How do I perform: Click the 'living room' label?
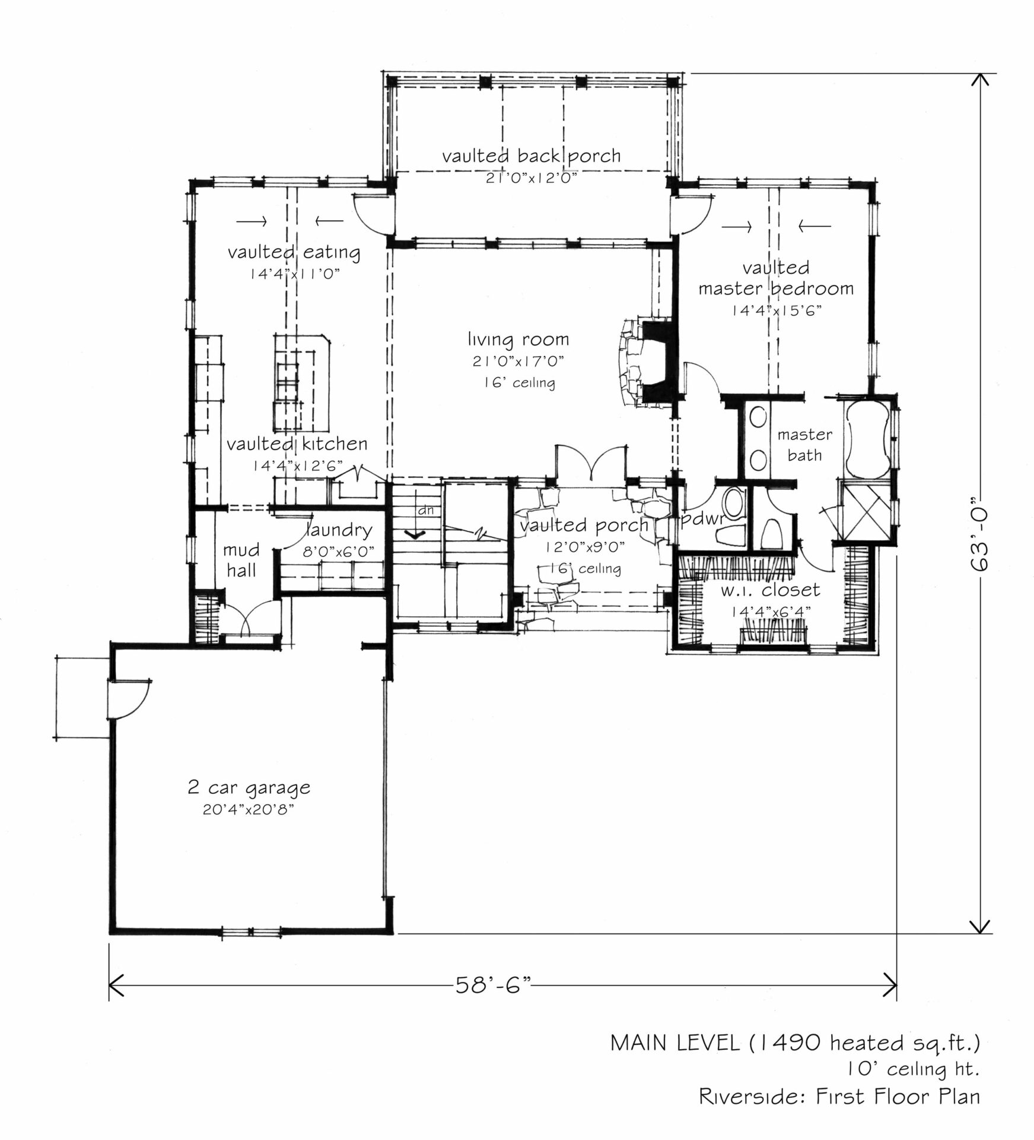pos(518,340)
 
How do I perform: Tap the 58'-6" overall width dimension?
pos(492,985)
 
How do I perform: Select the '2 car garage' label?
pos(249,788)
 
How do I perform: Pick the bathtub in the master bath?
pos(867,439)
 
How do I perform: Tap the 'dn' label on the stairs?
pos(426,510)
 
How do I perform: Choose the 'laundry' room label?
pos(339,530)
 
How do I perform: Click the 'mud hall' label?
pos(241,560)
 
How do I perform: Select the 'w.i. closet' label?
pos(770,590)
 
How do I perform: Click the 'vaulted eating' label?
pos(294,252)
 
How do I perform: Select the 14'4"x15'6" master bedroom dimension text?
pos(776,311)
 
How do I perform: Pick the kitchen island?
pos(301,384)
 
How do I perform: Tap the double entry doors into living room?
pos(590,462)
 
